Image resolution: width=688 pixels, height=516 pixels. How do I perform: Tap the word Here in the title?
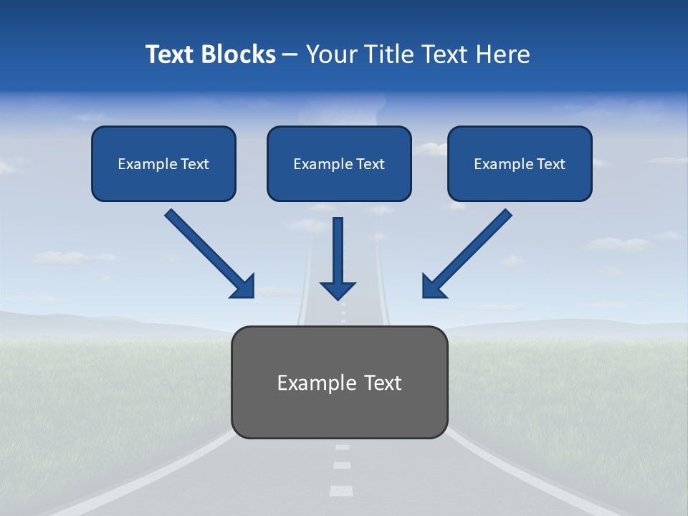[504, 54]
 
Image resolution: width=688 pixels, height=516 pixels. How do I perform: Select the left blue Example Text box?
[163, 164]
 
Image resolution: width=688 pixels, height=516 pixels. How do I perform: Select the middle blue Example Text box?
[339, 164]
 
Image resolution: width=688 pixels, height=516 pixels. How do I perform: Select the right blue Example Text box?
[520, 164]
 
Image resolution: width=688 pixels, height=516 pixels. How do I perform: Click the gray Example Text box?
[340, 383]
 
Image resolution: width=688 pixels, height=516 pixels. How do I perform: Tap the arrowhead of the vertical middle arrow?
[338, 290]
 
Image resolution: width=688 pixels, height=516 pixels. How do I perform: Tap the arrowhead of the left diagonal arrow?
[243, 286]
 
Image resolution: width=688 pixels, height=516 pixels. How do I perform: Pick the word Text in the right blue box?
[550, 164]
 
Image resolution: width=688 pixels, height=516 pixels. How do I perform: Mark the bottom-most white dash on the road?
[341, 491]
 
